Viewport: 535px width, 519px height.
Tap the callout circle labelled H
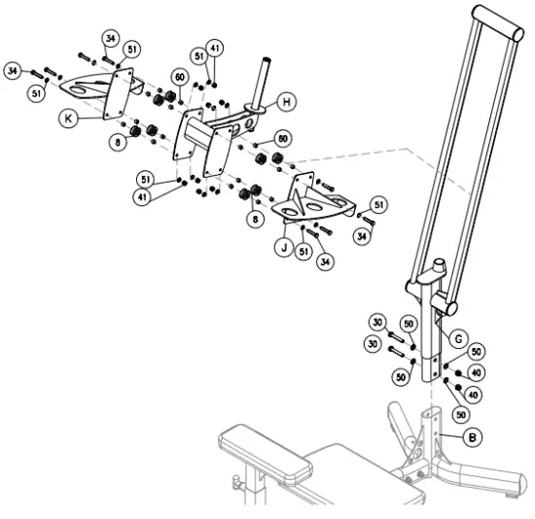point(286,100)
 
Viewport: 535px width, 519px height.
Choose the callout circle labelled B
point(472,437)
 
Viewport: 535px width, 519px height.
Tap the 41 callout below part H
point(145,197)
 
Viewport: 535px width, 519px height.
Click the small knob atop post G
point(439,264)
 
